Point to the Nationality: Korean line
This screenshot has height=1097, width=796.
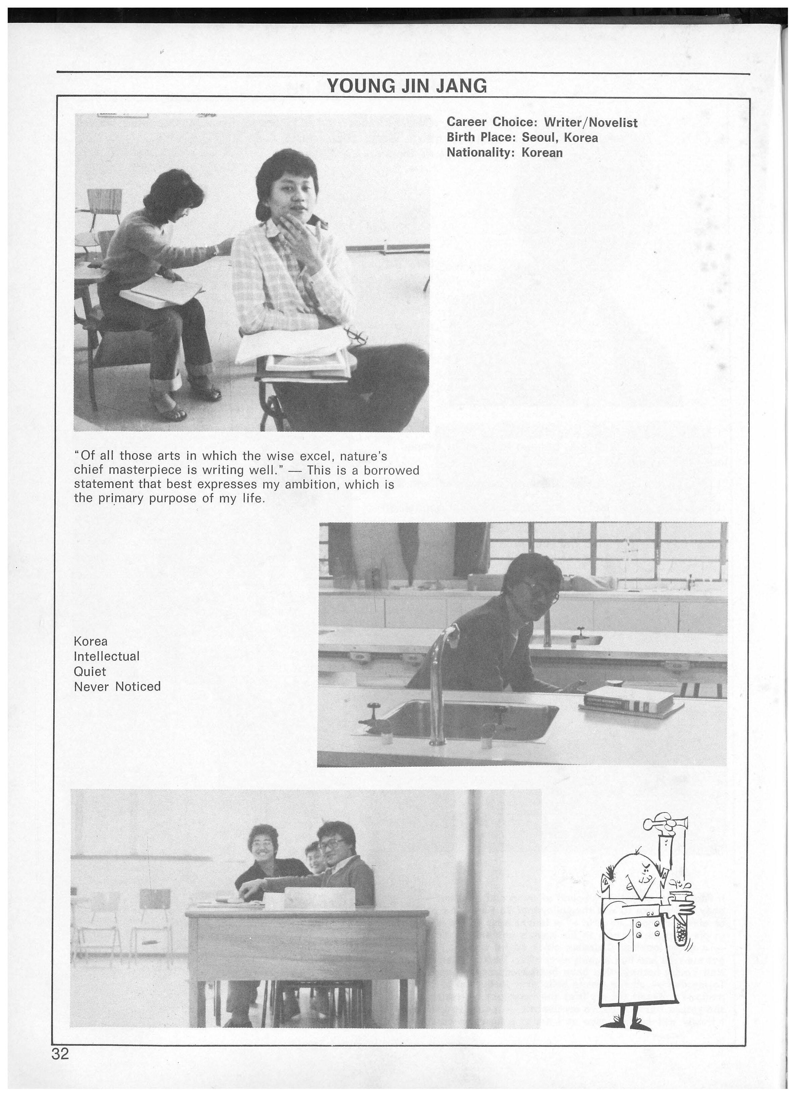point(504,153)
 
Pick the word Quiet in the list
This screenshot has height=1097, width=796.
point(90,671)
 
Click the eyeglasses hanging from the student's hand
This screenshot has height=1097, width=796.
point(356,334)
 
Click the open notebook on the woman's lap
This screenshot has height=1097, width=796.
point(162,293)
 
